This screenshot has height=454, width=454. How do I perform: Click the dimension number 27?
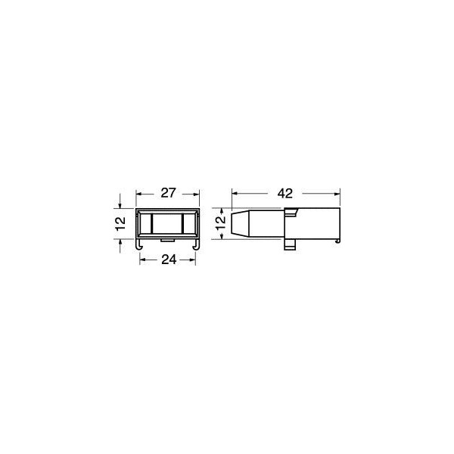(x=168, y=193)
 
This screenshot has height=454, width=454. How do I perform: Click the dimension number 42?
(x=285, y=194)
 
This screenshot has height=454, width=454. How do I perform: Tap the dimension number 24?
(x=169, y=260)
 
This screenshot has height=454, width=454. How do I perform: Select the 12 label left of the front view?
(x=120, y=223)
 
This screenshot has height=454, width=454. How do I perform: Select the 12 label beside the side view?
(x=221, y=222)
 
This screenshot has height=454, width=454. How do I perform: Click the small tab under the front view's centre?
(x=168, y=241)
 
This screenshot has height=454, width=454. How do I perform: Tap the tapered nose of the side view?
(x=241, y=223)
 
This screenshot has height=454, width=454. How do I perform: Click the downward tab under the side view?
(x=290, y=244)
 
